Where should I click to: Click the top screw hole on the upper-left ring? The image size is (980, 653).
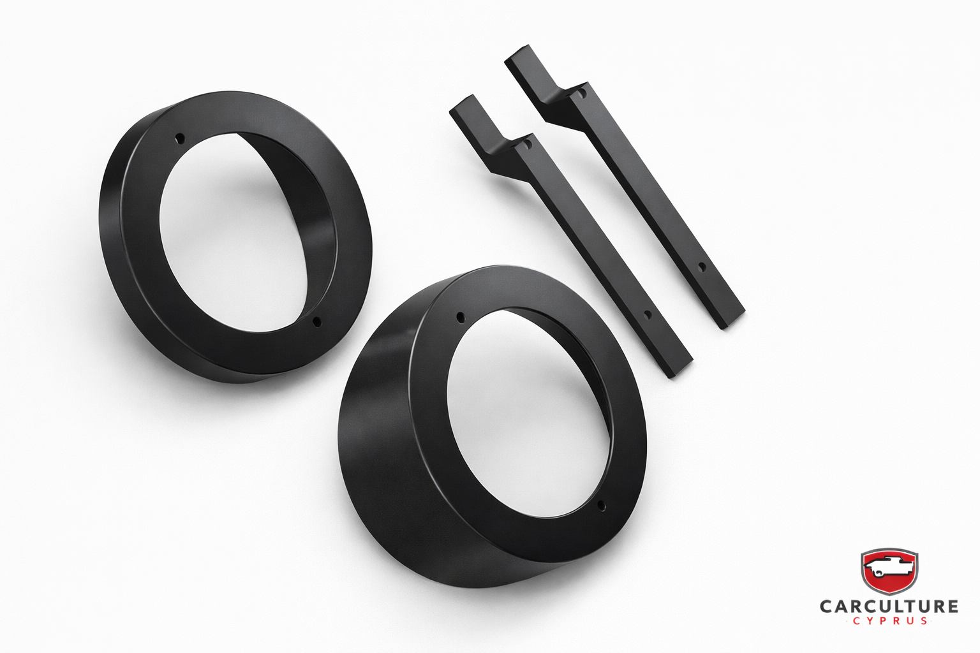point(179,140)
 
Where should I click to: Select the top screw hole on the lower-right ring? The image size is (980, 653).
point(460,317)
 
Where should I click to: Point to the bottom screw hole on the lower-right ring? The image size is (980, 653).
point(601,506)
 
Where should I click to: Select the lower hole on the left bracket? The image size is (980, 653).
point(647,314)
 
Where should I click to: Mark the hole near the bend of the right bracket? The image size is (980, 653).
point(583,93)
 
